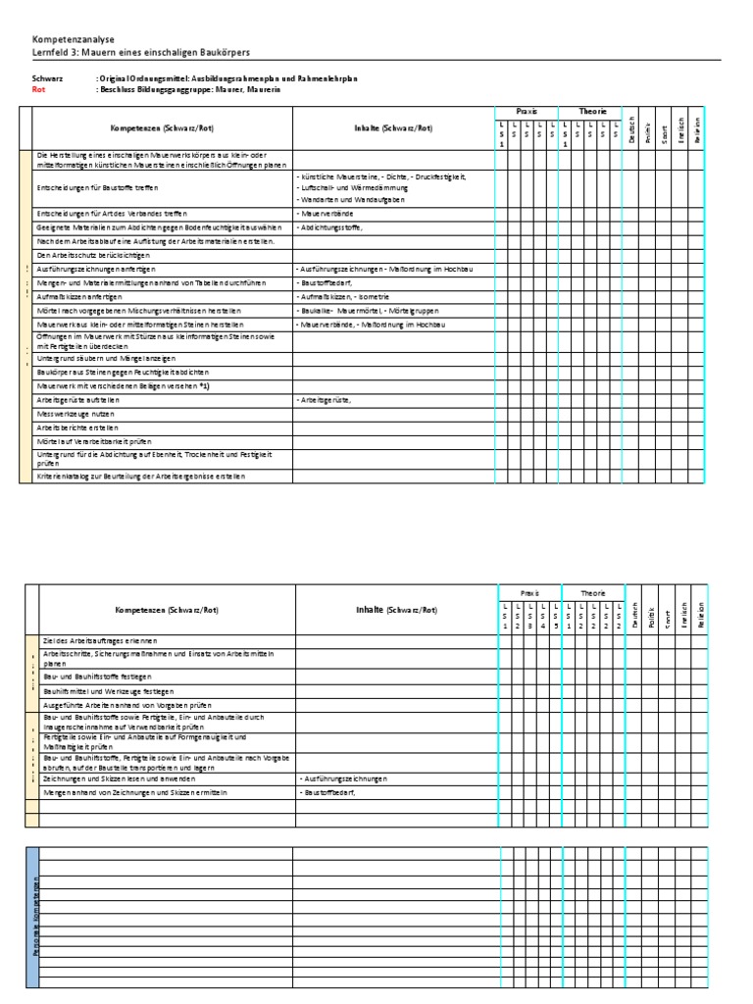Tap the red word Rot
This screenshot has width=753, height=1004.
point(39,88)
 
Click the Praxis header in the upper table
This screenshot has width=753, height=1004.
point(527,112)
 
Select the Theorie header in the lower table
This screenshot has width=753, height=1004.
point(594,593)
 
